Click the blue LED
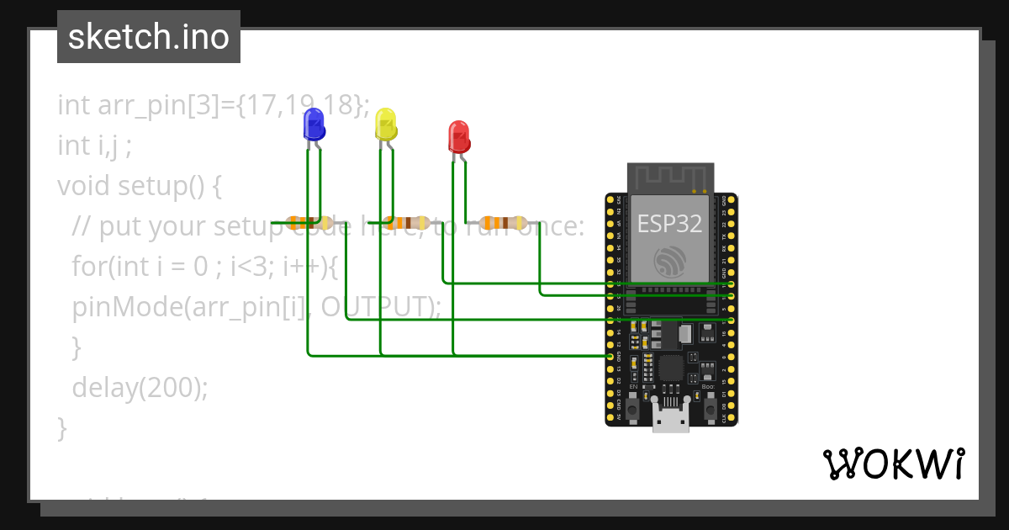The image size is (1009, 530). click(x=314, y=125)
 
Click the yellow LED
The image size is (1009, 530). click(x=385, y=125)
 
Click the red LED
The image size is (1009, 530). click(x=458, y=137)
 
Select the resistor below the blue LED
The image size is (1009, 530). click(x=308, y=223)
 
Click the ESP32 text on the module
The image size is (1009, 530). click(x=670, y=224)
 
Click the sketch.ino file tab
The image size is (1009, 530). click(x=149, y=37)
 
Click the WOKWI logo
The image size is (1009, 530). click(x=893, y=464)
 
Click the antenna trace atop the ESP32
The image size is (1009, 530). click(x=670, y=178)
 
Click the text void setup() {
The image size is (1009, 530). click(x=140, y=185)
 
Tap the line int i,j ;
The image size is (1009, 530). click(x=94, y=146)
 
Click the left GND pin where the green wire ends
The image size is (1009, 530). click(x=610, y=357)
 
